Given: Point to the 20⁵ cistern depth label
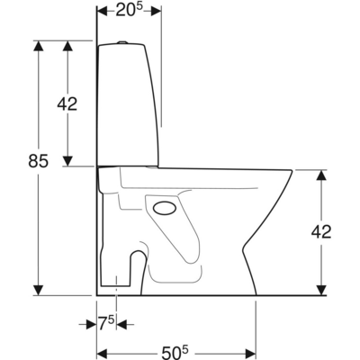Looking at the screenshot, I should tap(129, 11).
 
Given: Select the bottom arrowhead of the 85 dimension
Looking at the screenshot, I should tap(38, 289).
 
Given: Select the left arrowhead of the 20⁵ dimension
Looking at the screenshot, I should tap(101, 11).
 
